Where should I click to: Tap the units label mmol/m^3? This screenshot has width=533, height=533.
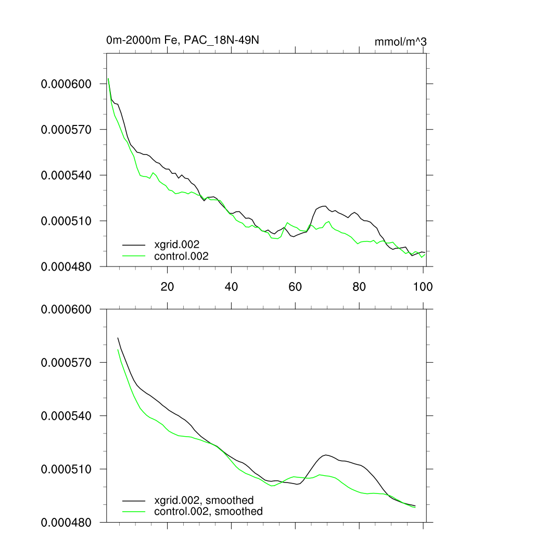coord(401,42)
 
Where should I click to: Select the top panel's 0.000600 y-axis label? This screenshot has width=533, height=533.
coord(66,84)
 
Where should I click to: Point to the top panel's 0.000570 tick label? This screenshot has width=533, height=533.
coord(66,130)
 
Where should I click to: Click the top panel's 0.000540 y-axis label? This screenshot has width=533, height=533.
coord(66,175)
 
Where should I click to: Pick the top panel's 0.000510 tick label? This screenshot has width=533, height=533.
coord(66,221)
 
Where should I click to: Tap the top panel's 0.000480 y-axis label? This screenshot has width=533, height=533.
coord(66,266)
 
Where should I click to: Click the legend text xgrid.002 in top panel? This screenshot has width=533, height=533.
coord(177,244)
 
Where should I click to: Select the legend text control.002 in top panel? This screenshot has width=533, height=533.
coord(181,256)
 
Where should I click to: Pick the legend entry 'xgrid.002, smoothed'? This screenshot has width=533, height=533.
coord(204,500)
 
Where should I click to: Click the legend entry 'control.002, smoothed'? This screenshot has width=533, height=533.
coord(208,512)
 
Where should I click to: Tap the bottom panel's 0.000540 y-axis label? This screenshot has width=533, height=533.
coord(66,416)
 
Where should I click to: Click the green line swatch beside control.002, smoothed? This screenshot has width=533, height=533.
coord(134,512)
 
